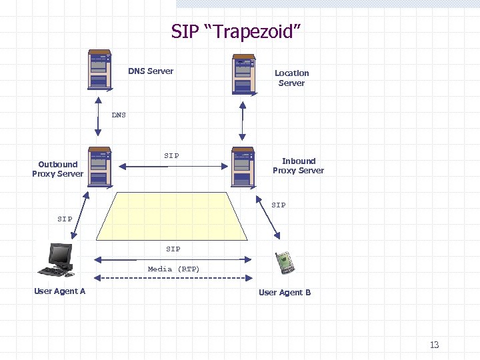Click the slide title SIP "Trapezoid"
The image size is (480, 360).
(237, 31)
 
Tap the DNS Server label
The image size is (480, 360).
(151, 71)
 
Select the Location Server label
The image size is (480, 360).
(291, 78)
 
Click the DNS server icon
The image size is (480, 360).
(99, 70)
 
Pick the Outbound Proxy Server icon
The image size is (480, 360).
(99, 167)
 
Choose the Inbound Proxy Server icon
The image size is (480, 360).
(243, 167)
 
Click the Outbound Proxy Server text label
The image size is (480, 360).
(58, 169)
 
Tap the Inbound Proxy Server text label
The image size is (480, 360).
(298, 165)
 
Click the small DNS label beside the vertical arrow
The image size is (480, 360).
(119, 115)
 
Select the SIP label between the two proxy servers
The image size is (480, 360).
(171, 156)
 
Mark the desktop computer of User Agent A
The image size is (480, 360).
(57, 261)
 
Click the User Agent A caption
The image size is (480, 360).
(60, 291)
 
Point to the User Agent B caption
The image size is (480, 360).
(285, 293)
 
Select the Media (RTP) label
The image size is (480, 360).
(173, 269)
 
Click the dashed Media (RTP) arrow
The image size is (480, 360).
(173, 278)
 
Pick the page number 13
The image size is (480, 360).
(434, 345)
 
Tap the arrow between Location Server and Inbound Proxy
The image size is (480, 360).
(243, 121)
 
